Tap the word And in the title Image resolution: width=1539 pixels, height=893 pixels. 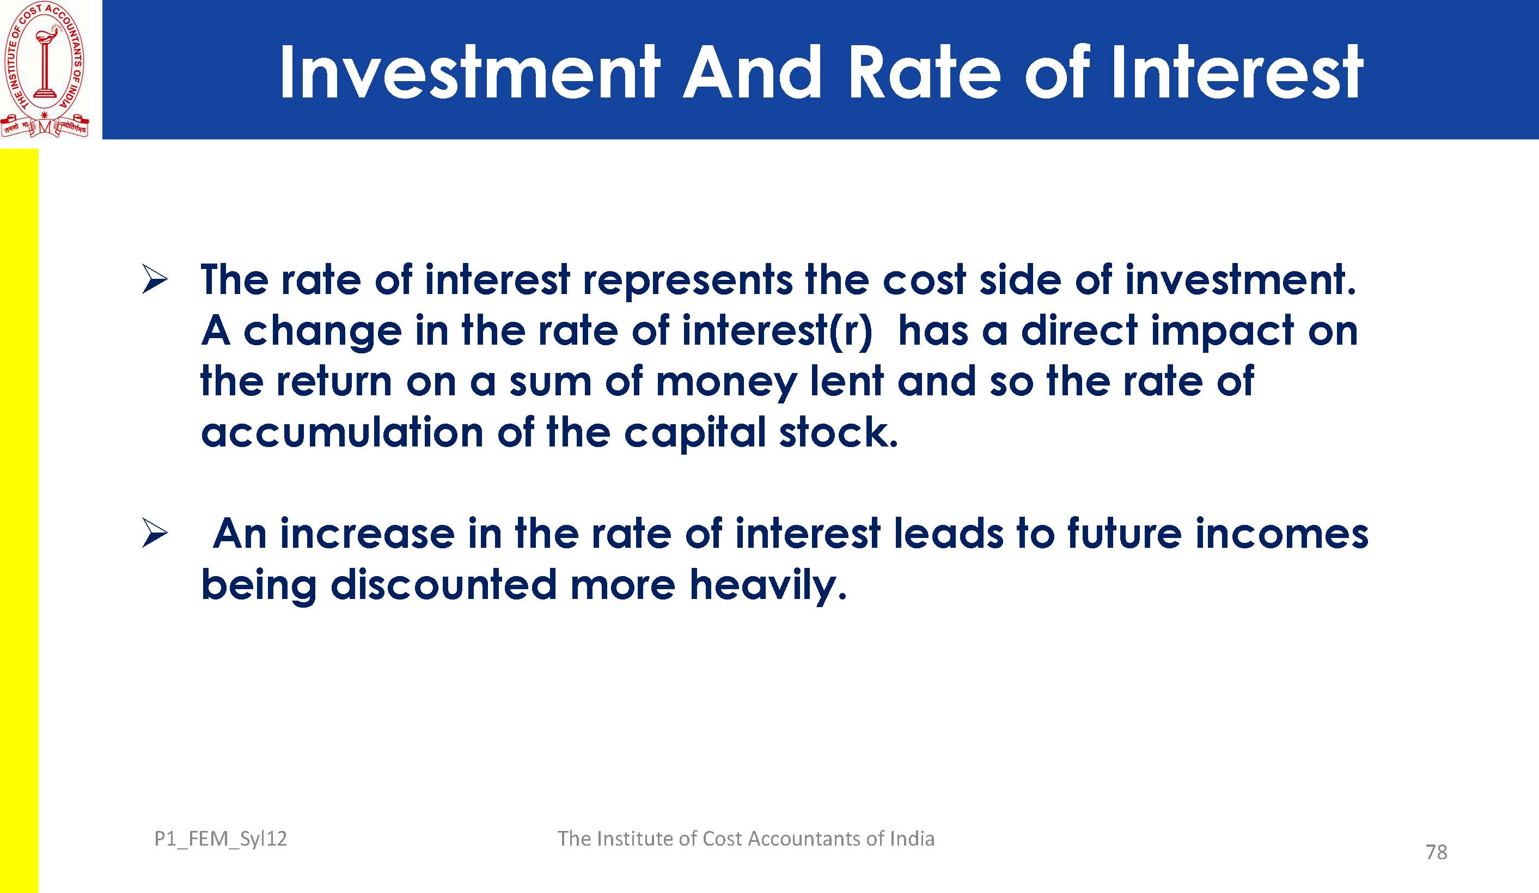[x=753, y=72]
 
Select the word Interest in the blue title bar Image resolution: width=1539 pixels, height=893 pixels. [x=1236, y=72]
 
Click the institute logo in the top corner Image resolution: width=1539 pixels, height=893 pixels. [x=45, y=69]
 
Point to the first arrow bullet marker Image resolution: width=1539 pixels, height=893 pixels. [x=155, y=279]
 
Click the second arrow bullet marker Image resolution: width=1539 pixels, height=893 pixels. [x=155, y=533]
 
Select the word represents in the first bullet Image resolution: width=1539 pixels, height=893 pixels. [x=687, y=281]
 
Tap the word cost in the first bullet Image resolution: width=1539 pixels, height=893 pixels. [x=924, y=281]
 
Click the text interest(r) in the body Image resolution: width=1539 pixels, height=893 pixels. [x=777, y=332]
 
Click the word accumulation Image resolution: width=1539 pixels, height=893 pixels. [x=342, y=432]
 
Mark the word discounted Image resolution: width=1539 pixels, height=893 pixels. [x=443, y=585]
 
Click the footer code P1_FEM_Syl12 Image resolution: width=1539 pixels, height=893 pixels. [x=221, y=839]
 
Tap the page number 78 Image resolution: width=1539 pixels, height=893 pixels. [x=1437, y=852]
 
